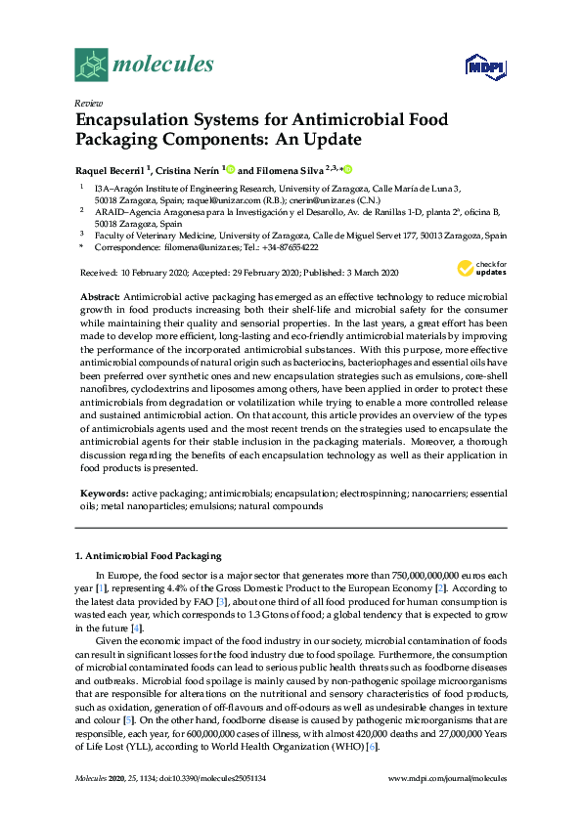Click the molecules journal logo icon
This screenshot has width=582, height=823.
(x=91, y=65)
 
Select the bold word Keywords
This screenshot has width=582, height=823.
(x=101, y=494)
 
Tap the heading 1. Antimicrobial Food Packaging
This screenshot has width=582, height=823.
(x=150, y=556)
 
